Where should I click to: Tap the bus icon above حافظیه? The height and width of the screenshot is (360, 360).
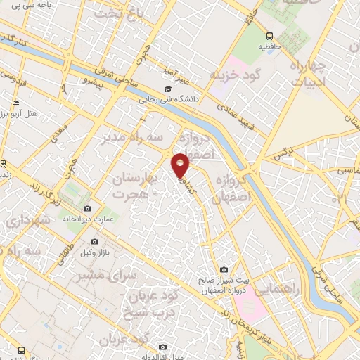click(x=269, y=36)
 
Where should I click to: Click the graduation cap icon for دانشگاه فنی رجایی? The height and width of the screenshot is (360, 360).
click(x=168, y=89)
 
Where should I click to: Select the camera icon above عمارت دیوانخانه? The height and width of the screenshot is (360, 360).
click(x=87, y=209)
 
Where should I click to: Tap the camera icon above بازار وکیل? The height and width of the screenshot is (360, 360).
click(x=94, y=242)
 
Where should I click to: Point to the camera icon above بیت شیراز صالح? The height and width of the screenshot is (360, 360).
click(x=224, y=269)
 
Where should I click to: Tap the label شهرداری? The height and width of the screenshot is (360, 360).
click(x=30, y=219)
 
